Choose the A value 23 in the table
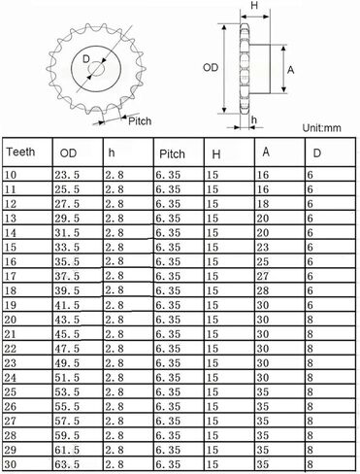(262, 248)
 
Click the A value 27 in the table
(262, 277)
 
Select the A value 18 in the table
(262, 204)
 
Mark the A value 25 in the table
(262, 262)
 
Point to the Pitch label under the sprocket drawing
(140, 120)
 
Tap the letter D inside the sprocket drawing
(86, 60)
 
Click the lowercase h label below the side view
(254, 120)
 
